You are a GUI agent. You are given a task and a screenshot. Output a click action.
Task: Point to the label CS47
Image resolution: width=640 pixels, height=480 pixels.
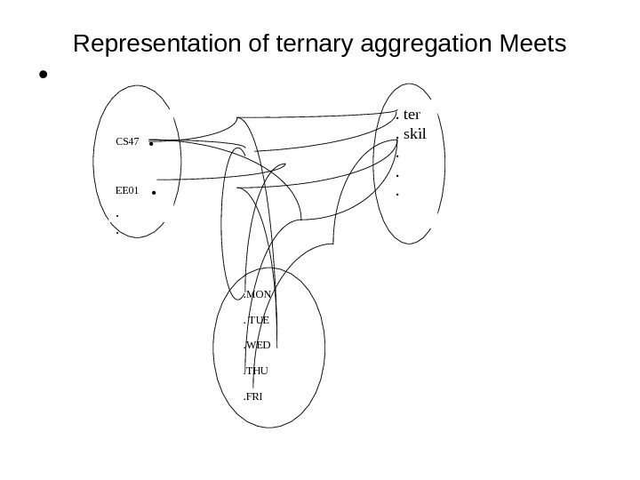128,141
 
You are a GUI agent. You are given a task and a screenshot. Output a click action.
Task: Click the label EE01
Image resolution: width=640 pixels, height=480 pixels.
128,189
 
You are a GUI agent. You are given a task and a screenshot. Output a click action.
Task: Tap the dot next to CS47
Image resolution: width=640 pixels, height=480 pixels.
154,142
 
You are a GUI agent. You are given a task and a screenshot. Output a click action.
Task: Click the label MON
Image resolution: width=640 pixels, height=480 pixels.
260,293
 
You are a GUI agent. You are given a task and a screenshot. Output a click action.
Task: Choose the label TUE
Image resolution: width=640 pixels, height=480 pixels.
259,319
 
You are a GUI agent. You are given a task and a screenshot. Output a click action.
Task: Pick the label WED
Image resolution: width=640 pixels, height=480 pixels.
259,344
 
